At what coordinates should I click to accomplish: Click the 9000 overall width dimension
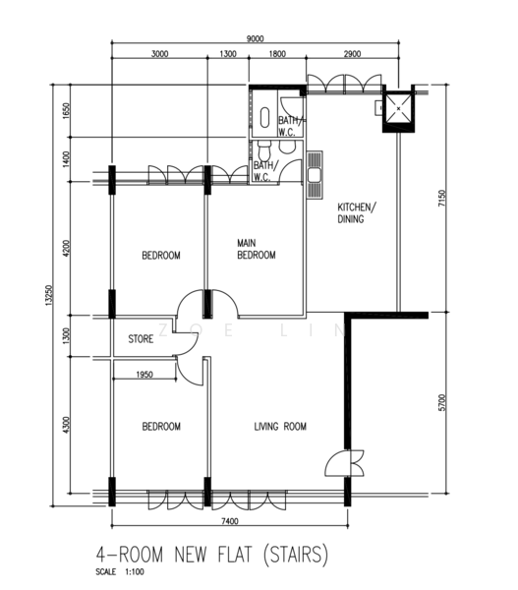tap(255, 38)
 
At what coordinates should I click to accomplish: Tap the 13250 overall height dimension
tap(49, 295)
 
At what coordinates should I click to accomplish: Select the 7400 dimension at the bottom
tap(229, 521)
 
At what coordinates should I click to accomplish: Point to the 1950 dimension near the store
tap(144, 375)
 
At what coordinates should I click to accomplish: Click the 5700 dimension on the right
tap(442, 402)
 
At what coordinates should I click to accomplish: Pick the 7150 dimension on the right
tap(442, 198)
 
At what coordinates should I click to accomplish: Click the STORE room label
tap(141, 339)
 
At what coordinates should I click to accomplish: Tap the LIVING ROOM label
tap(280, 427)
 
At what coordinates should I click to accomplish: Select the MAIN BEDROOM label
tap(257, 249)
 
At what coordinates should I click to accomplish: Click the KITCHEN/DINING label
tap(357, 213)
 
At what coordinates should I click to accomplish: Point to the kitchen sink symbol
tap(315, 175)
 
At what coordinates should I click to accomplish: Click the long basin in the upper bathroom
tap(264, 117)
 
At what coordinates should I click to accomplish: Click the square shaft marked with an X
tap(398, 109)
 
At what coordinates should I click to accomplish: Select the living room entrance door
tap(345, 463)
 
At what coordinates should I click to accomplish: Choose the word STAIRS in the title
tap(296, 555)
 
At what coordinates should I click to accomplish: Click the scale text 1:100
tap(134, 572)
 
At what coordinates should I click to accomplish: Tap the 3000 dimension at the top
tap(159, 54)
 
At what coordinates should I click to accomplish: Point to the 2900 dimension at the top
tap(352, 54)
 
